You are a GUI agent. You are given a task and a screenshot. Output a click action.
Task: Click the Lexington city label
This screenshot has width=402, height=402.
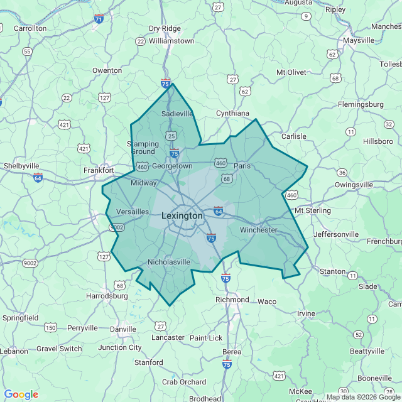pos(182,215)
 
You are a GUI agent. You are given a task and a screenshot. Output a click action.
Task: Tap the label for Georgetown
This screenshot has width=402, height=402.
pos(172,166)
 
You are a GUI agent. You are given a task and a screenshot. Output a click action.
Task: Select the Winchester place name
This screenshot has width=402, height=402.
pos(258,230)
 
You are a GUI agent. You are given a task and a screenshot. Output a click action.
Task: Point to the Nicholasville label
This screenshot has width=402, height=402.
pos(168,261)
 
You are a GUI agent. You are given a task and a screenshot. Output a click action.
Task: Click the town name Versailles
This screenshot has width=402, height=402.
pos(133,212)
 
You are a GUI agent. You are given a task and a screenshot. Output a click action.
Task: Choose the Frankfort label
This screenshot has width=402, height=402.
pos(99,170)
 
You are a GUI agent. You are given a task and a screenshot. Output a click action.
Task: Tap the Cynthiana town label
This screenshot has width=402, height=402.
pos(232,113)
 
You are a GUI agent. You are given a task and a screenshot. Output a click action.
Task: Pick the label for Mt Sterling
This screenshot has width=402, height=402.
pos(312,210)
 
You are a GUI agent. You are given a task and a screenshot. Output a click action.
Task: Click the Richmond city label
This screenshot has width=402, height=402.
pos(232,300)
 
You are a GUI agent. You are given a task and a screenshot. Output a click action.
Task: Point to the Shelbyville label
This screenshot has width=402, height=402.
pos(22,165)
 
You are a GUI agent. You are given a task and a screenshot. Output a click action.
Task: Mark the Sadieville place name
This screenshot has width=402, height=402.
pos(177,114)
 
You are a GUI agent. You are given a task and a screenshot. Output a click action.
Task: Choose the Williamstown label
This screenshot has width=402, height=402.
pos(171,40)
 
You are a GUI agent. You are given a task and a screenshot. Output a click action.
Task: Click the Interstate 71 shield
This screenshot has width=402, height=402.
pos(99,19)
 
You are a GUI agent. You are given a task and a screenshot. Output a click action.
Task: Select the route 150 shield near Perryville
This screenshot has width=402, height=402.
pos(50,327)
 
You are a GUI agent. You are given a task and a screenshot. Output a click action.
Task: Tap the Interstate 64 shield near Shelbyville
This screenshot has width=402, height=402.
pos(38,177)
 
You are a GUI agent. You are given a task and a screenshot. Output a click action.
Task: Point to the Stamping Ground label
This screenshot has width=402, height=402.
pos(143,148)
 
